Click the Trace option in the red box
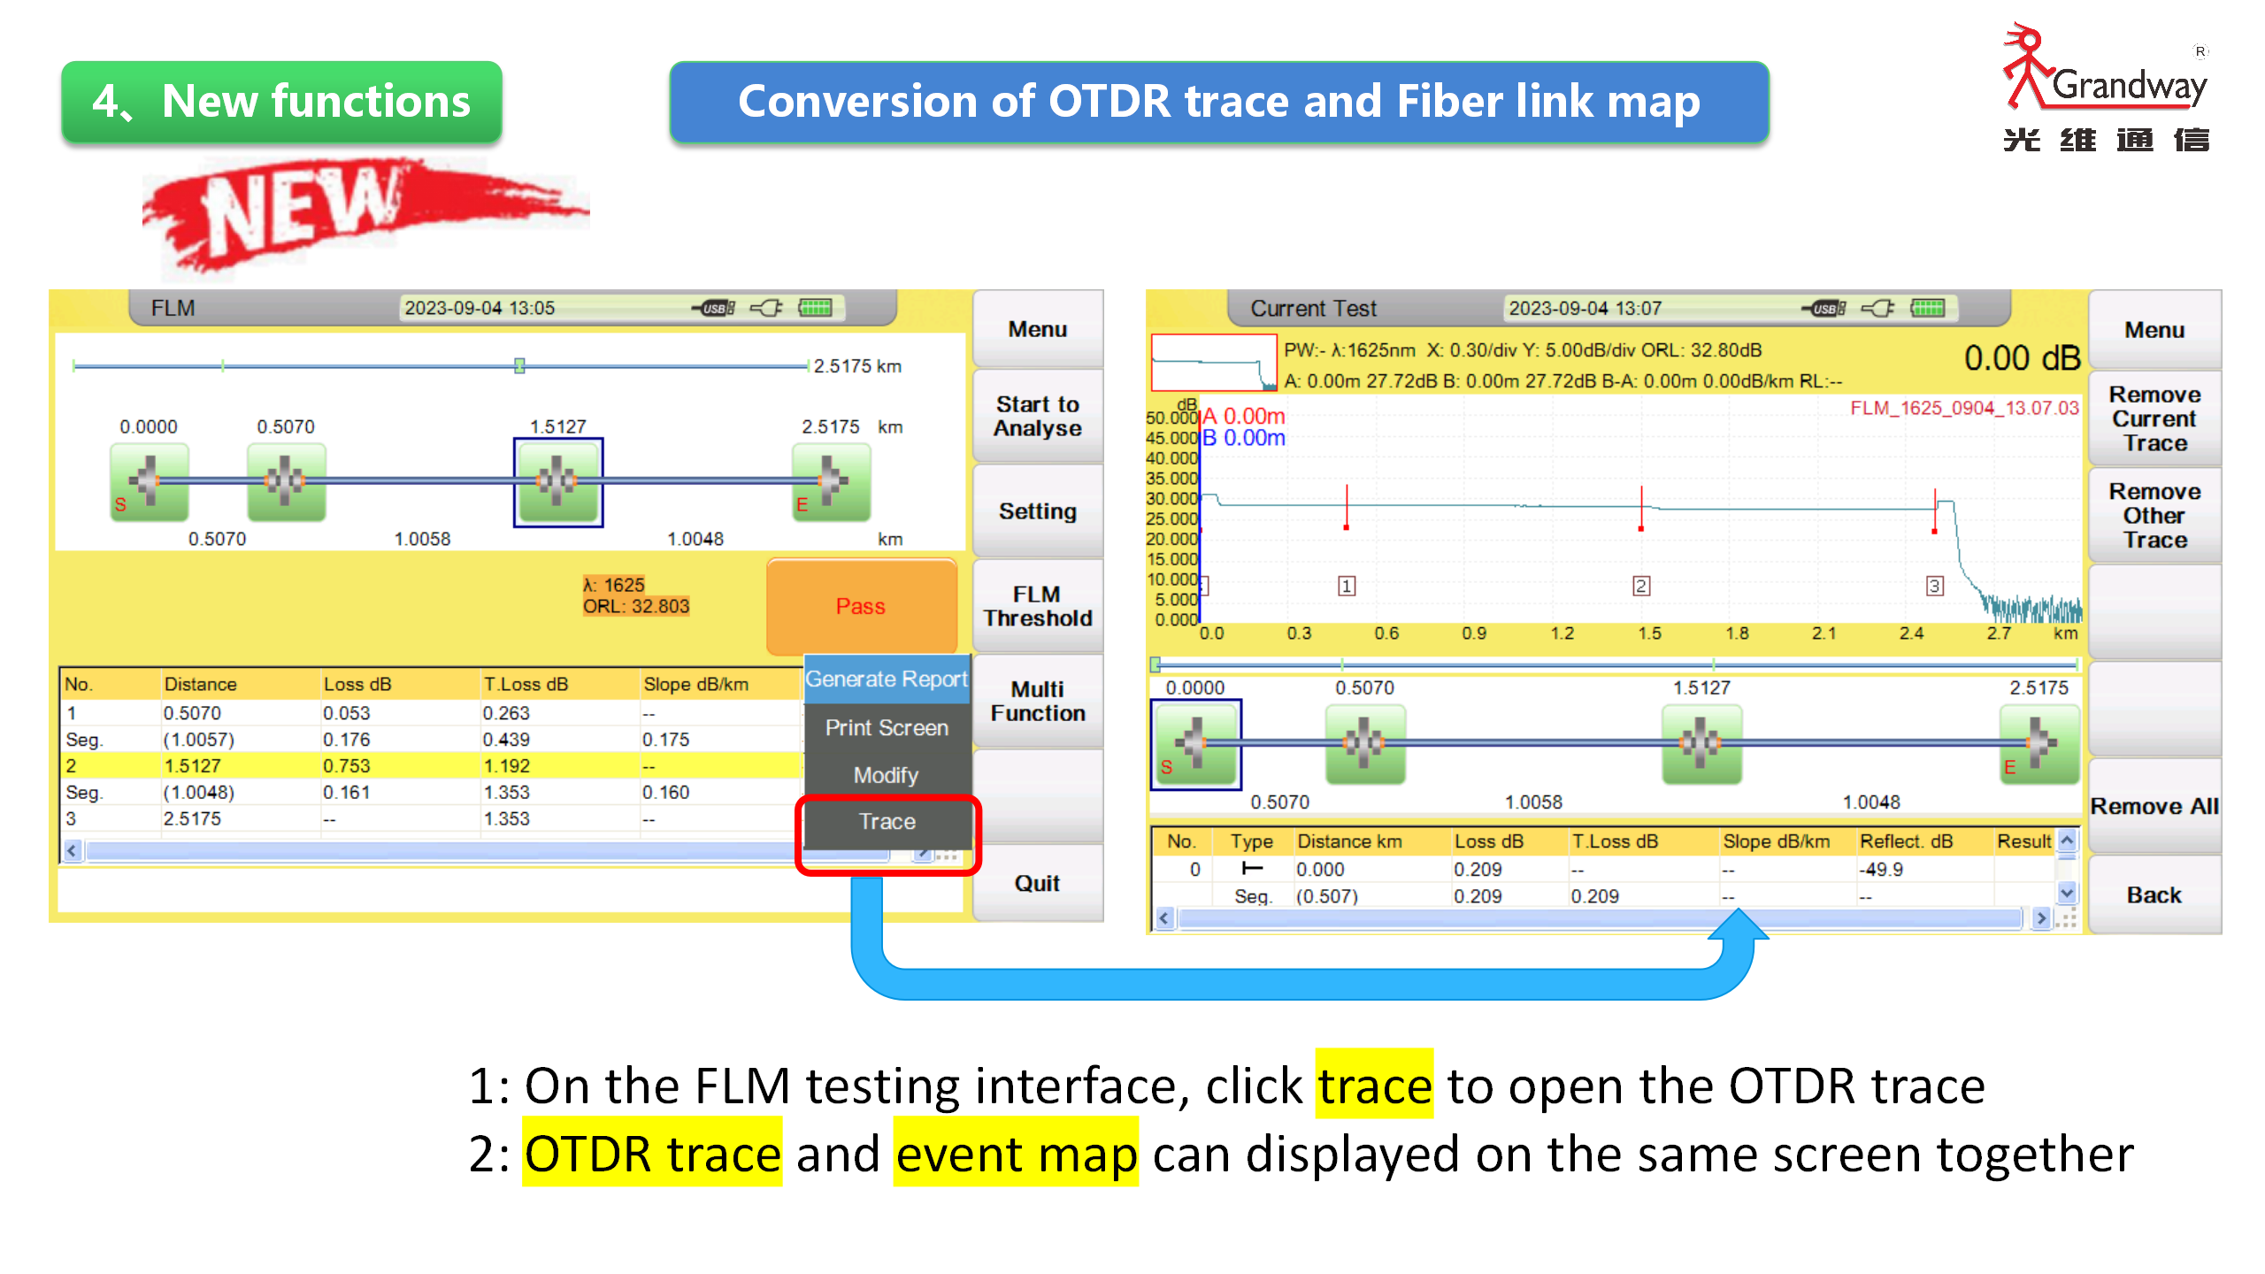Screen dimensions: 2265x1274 point(887,822)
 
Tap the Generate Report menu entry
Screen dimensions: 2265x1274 point(887,679)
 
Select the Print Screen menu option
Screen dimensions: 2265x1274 point(887,727)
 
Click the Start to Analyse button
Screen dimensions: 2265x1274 point(1038,416)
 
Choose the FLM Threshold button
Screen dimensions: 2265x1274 point(1038,606)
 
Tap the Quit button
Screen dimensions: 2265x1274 point(1038,883)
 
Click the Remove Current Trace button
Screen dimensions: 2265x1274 point(2154,418)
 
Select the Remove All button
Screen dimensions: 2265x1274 point(2154,806)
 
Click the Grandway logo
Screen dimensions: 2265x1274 point(2106,88)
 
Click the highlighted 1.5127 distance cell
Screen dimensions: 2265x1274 point(192,766)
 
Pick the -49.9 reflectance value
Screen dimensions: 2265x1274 point(1881,870)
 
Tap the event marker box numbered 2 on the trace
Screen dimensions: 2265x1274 point(1641,586)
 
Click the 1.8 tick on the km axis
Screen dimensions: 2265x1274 point(1737,633)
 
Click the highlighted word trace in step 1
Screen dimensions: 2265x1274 point(1374,1086)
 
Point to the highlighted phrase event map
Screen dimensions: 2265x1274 point(1016,1154)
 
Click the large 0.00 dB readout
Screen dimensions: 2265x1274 point(2022,358)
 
